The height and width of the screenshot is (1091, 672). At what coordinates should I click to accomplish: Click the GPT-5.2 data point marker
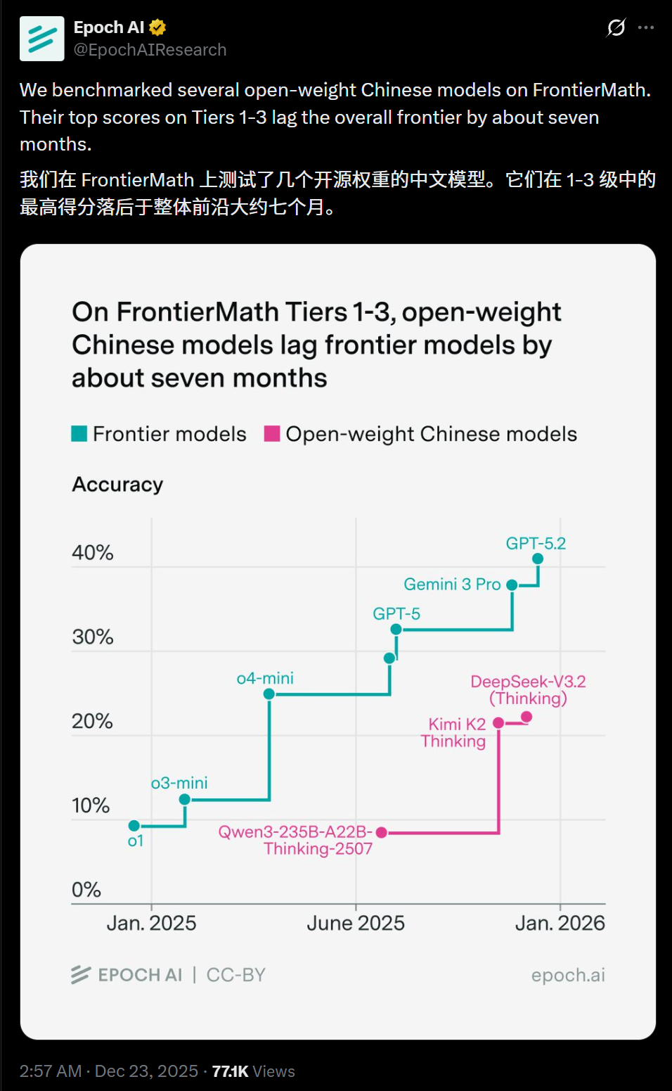pos(538,559)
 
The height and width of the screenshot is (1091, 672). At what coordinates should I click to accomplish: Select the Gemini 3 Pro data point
pos(512,585)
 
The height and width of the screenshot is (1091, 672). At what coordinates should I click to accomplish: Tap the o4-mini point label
pos(265,678)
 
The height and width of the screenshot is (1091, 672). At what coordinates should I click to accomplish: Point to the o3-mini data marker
pos(185,799)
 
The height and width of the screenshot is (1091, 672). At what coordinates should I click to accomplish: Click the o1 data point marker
pos(134,825)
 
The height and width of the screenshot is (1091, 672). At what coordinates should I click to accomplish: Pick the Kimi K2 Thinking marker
pos(498,722)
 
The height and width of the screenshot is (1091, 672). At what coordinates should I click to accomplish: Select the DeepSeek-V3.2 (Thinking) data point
pos(526,717)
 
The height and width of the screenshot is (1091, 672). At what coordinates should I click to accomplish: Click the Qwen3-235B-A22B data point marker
pos(382,832)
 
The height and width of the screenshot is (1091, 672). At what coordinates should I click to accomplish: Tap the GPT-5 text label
pos(396,613)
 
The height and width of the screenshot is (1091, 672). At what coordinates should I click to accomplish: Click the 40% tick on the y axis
pos(92,553)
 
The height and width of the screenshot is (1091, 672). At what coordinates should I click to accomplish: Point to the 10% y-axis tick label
pos(91,805)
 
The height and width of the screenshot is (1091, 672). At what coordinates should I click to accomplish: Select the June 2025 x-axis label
pos(356,923)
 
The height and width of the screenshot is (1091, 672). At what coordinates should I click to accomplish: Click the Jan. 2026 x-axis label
pos(560,923)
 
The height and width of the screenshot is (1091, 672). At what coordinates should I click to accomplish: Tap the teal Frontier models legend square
pos(79,433)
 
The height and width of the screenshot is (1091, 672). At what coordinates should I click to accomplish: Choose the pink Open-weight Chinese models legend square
pos(272,433)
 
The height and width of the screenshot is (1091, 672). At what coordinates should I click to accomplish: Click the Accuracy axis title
pos(117,485)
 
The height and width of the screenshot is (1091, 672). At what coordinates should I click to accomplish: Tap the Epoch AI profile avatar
pos(42,39)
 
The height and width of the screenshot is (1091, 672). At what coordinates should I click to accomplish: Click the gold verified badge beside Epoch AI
pos(157,27)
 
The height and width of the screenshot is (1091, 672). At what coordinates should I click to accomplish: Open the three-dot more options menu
pos(646,27)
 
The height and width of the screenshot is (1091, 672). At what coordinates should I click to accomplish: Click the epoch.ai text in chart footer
pos(568,975)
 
